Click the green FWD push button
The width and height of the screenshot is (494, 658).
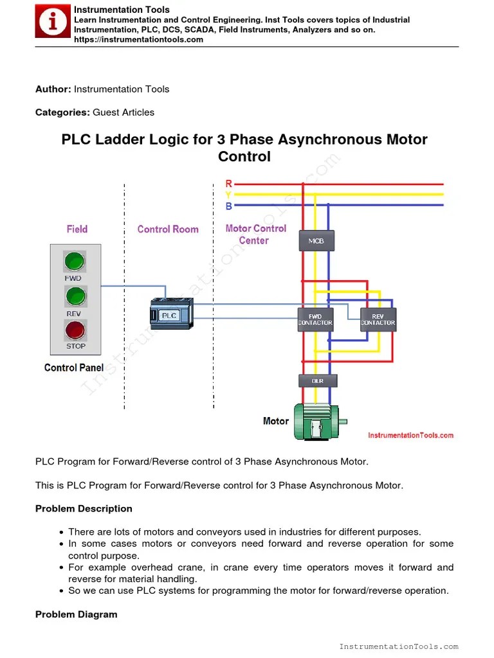click(x=75, y=262)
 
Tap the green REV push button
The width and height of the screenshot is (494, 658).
click(x=75, y=296)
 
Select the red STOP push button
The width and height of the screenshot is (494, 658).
click(x=75, y=330)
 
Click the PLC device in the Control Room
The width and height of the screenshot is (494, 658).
click(x=170, y=314)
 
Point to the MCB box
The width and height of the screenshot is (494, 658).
click(x=316, y=241)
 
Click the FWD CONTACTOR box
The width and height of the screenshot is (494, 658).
click(x=315, y=319)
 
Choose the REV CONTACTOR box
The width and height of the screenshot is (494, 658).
click(x=378, y=319)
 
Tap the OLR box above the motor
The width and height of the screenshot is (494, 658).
click(x=317, y=381)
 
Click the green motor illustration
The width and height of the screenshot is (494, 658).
click(x=319, y=422)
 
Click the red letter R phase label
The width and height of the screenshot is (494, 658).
click(x=229, y=184)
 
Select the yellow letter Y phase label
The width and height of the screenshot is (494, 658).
click(x=229, y=195)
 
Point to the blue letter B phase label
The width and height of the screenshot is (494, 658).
click(x=229, y=206)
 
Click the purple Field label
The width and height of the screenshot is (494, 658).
click(x=77, y=229)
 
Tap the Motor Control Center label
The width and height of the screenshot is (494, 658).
click(x=255, y=235)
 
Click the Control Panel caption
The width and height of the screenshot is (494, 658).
click(x=74, y=368)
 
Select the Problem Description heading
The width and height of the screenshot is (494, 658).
click(x=84, y=508)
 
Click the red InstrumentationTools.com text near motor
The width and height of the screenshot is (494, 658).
click(x=410, y=435)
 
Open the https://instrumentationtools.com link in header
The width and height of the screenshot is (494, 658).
click(x=138, y=39)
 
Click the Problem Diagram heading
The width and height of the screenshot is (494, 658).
click(x=76, y=614)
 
